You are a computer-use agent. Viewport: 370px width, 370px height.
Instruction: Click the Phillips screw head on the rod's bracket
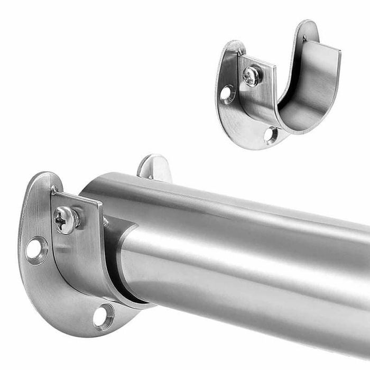pyautogui.click(x=66, y=218)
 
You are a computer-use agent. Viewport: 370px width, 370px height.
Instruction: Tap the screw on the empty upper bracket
pyautogui.click(x=252, y=76)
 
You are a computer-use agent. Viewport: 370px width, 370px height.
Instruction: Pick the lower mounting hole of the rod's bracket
pyautogui.click(x=103, y=316)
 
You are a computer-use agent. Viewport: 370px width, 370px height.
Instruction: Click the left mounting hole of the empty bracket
pyautogui.click(x=227, y=94)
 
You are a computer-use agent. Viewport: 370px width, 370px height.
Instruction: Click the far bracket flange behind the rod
pyautogui.click(x=154, y=168)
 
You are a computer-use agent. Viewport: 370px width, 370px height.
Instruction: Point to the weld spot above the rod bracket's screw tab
pyautogui.click(x=54, y=188)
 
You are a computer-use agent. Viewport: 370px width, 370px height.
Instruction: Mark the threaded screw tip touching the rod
pyautogui.click(x=106, y=222)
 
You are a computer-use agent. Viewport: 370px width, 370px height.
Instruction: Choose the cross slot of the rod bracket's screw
pyautogui.click(x=64, y=218)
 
